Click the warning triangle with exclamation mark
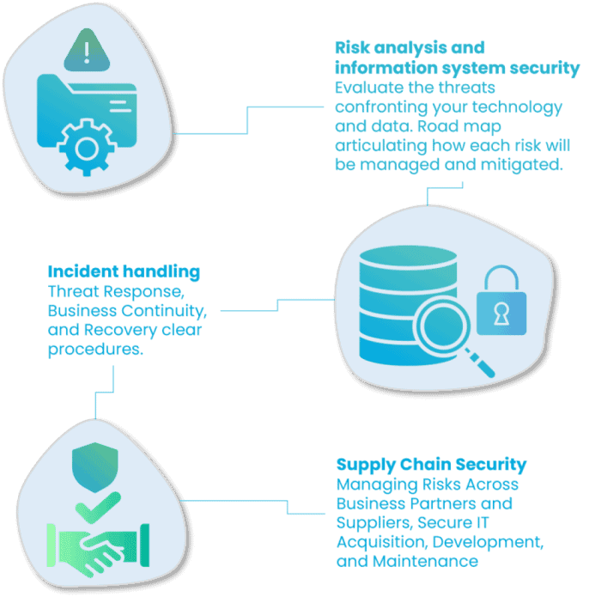click(x=87, y=50)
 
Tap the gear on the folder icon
click(x=87, y=148)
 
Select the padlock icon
click(x=501, y=301)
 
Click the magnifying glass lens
click(x=440, y=325)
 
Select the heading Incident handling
click(x=124, y=271)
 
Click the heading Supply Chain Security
click(x=431, y=465)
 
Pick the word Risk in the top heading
click(x=353, y=48)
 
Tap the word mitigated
click(x=522, y=165)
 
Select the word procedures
click(x=95, y=350)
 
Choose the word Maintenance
click(x=426, y=562)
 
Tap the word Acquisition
click(x=382, y=543)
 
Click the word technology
click(x=517, y=107)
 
